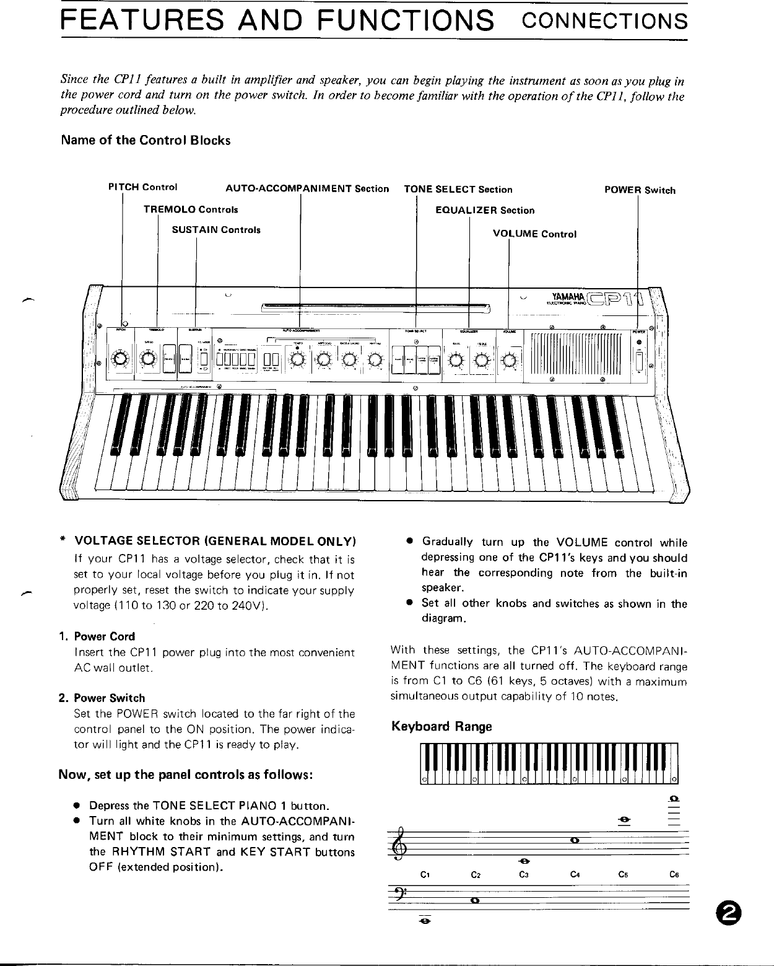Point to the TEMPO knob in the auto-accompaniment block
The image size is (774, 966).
click(x=298, y=359)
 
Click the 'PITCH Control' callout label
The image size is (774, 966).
click(x=142, y=187)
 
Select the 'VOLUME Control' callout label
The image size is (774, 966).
click(x=534, y=234)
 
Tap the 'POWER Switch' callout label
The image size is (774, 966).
click(x=640, y=190)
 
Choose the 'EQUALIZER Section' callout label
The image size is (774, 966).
click(x=485, y=210)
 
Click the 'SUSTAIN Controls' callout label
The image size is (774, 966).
click(x=215, y=230)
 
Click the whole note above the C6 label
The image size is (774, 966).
click(x=674, y=798)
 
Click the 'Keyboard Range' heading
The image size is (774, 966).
click(x=441, y=726)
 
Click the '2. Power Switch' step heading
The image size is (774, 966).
click(x=102, y=698)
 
